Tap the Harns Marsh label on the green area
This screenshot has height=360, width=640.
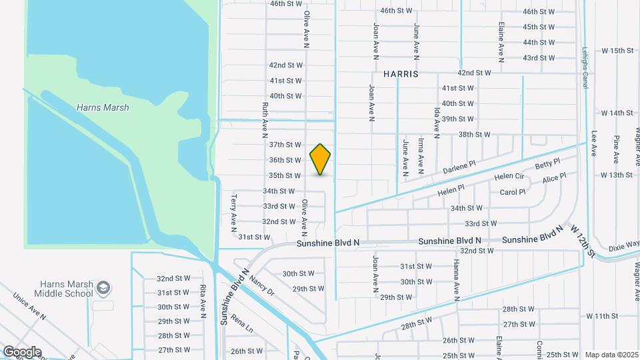tap(103, 107)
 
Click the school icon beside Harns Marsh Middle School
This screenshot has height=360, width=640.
tap(103, 288)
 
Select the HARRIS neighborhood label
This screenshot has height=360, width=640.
tap(401, 74)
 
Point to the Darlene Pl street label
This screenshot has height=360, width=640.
tap(459, 167)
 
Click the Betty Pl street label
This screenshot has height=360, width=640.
tap(548, 164)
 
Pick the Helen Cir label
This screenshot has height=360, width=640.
tap(509, 177)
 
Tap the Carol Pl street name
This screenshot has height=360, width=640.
tap(513, 192)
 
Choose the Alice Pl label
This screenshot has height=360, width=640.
tap(554, 179)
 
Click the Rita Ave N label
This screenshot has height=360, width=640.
tap(202, 300)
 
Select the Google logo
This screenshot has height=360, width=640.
tap(21, 352)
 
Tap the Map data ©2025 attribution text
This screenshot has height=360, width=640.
tap(611, 355)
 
